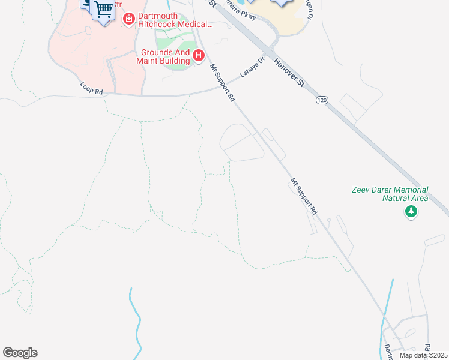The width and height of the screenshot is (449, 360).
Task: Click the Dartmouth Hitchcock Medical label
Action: pyautogui.click(x=176, y=20)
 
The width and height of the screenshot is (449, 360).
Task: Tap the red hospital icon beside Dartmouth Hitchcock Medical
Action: pyautogui.click(x=128, y=20)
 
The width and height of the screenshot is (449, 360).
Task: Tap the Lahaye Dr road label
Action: pyautogui.click(x=253, y=68)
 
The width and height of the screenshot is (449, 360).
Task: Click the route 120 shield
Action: pyautogui.click(x=322, y=101)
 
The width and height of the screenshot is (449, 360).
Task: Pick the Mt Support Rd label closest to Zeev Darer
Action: pyautogui.click(x=304, y=196)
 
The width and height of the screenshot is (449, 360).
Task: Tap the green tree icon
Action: pyautogui.click(x=411, y=211)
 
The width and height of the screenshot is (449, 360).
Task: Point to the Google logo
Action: pyautogui.click(x=20, y=353)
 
